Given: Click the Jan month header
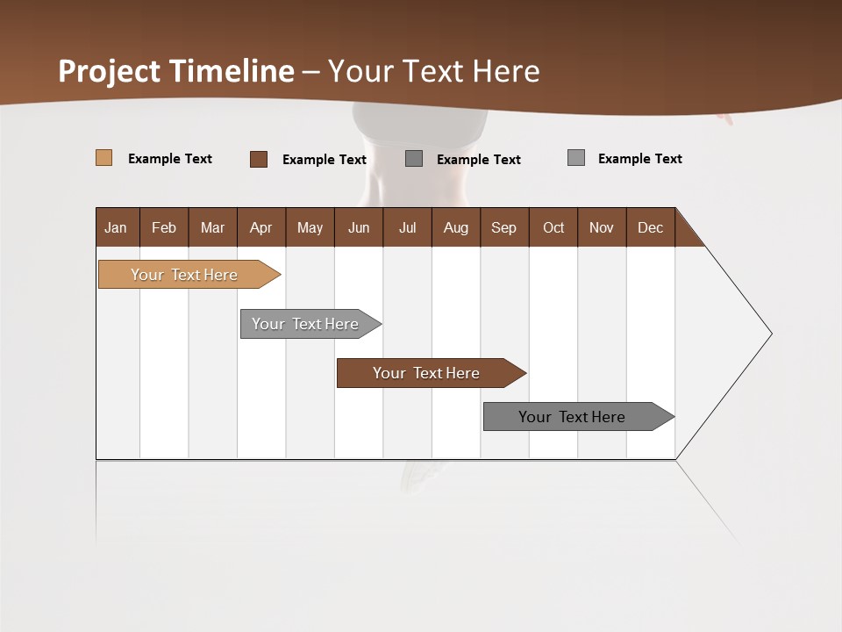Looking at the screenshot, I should tap(116, 227).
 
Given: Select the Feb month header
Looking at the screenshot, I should tap(164, 227).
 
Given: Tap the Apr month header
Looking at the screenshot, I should tap(260, 227).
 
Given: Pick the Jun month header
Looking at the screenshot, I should tap(359, 227).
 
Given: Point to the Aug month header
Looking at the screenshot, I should tap(455, 227).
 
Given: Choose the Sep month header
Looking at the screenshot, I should tap(503, 227).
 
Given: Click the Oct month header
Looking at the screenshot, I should tap(553, 227).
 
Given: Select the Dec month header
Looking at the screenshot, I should tap(650, 227).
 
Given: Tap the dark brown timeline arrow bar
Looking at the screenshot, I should tap(427, 373).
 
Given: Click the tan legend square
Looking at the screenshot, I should tap(103, 158).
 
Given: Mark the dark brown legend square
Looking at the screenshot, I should tap(259, 159).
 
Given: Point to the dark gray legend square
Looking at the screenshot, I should tap(414, 159).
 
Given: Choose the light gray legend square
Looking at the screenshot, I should tap(576, 158).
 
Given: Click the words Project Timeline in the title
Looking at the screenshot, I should tap(176, 71).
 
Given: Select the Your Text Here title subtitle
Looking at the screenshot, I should tap(433, 71).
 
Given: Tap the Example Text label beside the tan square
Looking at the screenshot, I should tap(170, 159).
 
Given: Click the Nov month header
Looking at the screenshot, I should tap(602, 227).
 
